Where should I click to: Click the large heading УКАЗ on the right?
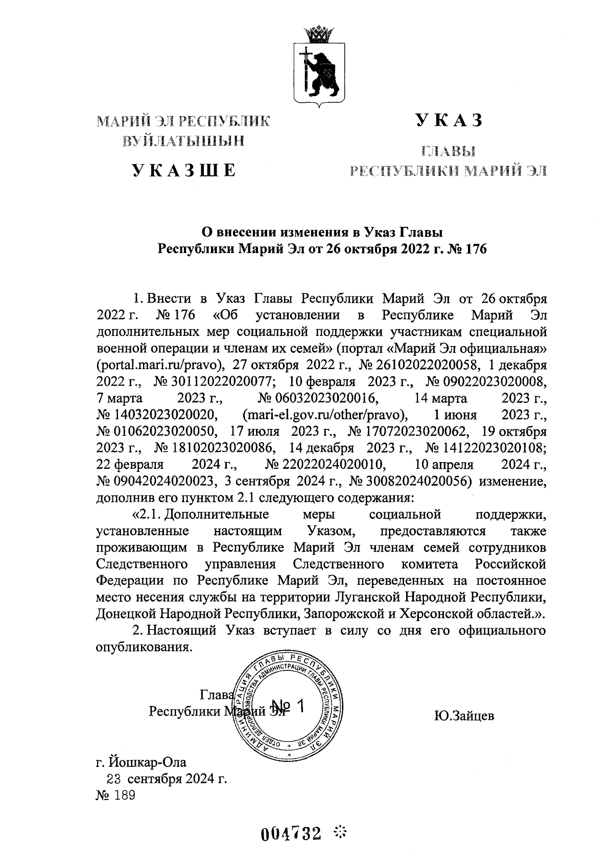coord(450,120)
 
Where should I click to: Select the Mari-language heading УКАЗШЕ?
coord(183,170)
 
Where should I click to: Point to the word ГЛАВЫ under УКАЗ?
coord(449,151)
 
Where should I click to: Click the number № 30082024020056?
coord(410,481)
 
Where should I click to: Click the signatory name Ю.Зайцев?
coord(464,716)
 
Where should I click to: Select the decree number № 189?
coord(115,796)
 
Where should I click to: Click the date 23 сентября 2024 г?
coord(167,779)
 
